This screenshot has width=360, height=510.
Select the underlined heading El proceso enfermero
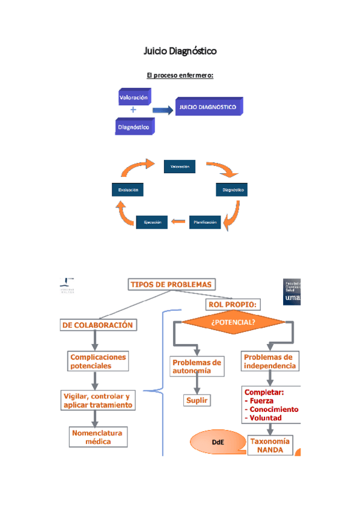(x=180, y=76)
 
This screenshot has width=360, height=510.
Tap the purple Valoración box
(x=133, y=97)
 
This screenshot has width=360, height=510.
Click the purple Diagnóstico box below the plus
(x=134, y=127)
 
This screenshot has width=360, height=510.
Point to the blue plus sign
(x=133, y=111)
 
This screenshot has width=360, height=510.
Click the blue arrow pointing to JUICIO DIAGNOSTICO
(x=162, y=111)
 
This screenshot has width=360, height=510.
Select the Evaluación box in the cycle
(x=127, y=190)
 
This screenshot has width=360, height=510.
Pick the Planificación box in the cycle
(x=205, y=223)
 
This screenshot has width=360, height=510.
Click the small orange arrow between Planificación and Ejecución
(x=178, y=223)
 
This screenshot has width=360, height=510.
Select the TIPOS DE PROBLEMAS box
(x=171, y=284)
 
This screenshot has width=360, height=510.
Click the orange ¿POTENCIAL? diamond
(x=233, y=322)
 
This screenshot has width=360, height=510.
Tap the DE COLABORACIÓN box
(x=97, y=325)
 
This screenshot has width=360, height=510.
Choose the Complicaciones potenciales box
(x=98, y=361)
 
